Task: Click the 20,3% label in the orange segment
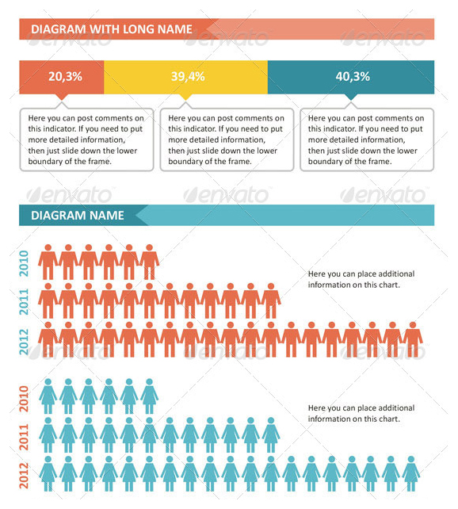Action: [x=65, y=77]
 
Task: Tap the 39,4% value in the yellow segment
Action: [x=188, y=77]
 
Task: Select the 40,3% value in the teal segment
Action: [x=353, y=77]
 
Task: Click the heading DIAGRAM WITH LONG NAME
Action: [x=112, y=29]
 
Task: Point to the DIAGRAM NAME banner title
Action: [x=78, y=215]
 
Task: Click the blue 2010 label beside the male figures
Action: [x=24, y=263]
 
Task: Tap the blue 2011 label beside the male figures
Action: [x=24, y=302]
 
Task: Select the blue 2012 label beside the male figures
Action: [x=24, y=342]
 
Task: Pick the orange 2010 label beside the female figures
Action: [x=24, y=399]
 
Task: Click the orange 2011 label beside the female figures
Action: [x=24, y=437]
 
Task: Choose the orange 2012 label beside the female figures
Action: [x=24, y=476]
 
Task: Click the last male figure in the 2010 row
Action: [x=149, y=262]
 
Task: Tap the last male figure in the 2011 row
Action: [x=271, y=300]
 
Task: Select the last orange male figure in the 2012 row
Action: [x=413, y=339]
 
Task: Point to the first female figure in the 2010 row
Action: [x=48, y=396]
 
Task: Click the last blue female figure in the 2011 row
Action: [x=271, y=434]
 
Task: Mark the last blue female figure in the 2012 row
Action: [x=411, y=473]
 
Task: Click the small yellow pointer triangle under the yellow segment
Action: [x=185, y=97]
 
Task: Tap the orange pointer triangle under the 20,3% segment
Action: [x=62, y=97]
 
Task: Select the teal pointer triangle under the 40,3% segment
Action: [x=351, y=97]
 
